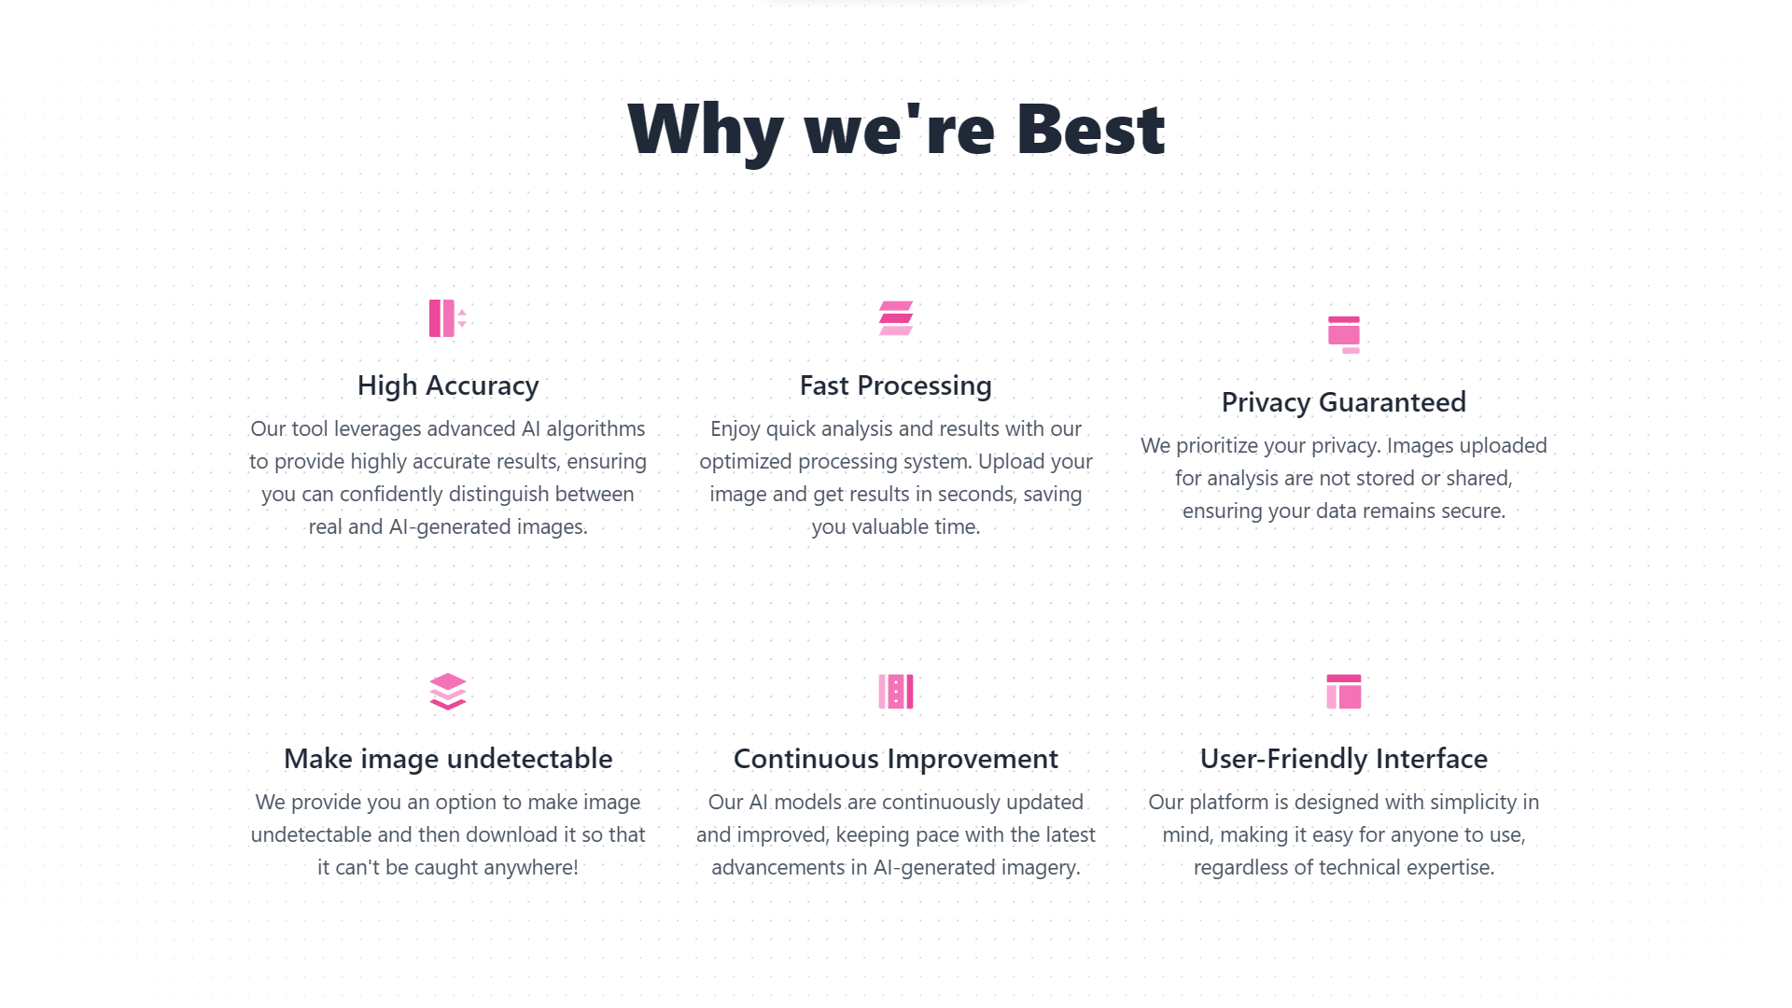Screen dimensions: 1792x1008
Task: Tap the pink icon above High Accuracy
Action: [x=448, y=318]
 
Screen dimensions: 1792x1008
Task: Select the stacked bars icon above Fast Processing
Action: [x=896, y=318]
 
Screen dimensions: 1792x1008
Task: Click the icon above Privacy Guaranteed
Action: [x=1344, y=335]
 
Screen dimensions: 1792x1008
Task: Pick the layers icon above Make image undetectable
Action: [x=448, y=692]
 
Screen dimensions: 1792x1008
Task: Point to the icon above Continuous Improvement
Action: [x=896, y=692]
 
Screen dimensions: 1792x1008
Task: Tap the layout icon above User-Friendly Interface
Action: [x=1344, y=692]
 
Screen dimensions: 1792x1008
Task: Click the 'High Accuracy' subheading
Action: [x=448, y=385]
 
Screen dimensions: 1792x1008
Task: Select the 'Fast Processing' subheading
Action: [x=896, y=385]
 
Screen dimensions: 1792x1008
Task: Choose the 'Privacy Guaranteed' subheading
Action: [x=1344, y=402]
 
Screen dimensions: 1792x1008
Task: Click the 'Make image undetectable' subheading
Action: [x=448, y=759]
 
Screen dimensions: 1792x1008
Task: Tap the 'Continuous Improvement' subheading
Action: [x=896, y=759]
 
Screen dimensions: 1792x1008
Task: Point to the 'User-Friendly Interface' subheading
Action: [x=1344, y=759]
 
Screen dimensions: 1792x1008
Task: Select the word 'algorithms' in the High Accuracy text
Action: [x=595, y=429]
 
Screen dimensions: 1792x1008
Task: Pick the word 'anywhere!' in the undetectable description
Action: [x=536, y=868]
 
